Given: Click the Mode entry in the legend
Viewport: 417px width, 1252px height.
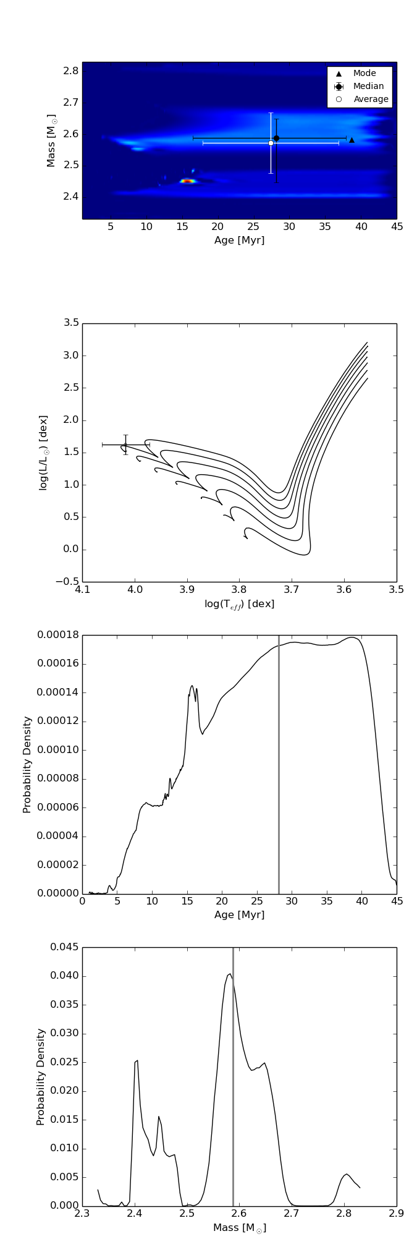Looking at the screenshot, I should [x=364, y=73].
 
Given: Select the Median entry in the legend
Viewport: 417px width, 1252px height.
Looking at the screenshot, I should [x=368, y=86].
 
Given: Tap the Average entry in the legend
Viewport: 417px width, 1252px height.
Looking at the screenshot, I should [x=371, y=99].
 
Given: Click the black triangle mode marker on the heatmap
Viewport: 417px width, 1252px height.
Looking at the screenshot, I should [x=352, y=140].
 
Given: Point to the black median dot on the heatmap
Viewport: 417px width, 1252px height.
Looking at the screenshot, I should [x=276, y=138].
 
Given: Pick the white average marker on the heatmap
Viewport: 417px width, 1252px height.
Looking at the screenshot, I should [x=271, y=143].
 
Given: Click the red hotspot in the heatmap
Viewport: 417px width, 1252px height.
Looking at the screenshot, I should [x=187, y=181].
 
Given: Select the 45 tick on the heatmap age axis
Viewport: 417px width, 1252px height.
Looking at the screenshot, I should [x=397, y=227].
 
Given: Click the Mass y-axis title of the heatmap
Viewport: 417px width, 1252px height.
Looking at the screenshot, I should [x=52, y=140].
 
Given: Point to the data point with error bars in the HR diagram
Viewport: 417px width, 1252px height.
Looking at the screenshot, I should [x=125, y=445].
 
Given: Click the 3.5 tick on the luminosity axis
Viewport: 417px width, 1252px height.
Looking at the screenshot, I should [x=72, y=323].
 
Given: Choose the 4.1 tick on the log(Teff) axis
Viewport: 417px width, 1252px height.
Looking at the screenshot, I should [x=82, y=589].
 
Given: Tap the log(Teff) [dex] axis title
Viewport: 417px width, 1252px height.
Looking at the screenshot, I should [x=239, y=604].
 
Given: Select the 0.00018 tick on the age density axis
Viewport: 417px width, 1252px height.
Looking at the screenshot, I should [x=57, y=635].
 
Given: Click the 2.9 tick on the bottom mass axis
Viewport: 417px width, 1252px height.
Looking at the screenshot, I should [x=397, y=1213].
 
